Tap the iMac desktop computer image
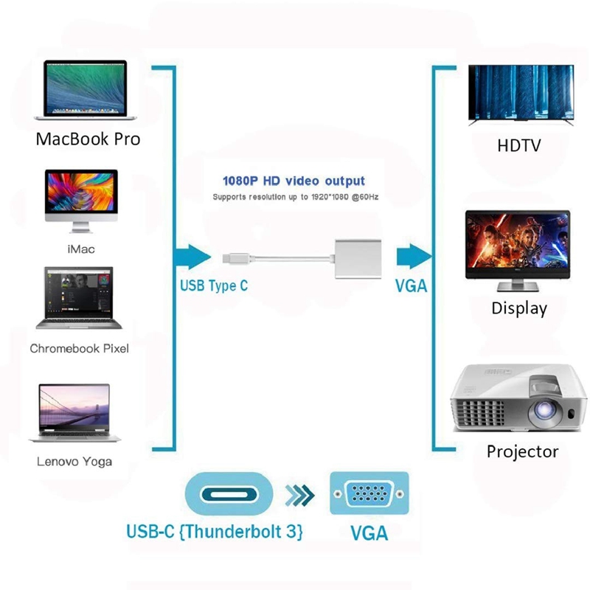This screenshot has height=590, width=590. [x=81, y=195]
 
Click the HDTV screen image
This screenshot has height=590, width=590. [x=520, y=94]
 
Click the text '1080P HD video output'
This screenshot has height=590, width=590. [x=294, y=181]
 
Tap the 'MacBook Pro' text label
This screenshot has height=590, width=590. [x=88, y=139]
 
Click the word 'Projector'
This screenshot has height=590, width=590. [x=522, y=451]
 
